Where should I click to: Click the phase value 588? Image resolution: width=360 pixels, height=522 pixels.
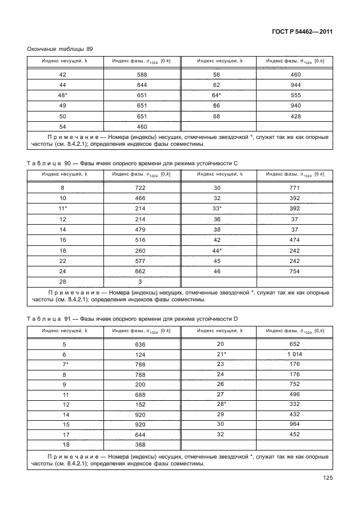(142, 75)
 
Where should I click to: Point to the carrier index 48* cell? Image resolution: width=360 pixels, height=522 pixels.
(63, 95)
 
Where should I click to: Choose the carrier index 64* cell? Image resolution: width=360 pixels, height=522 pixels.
(217, 95)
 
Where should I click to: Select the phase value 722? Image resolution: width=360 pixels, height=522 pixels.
(142, 188)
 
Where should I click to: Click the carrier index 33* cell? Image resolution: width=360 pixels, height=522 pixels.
(217, 209)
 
